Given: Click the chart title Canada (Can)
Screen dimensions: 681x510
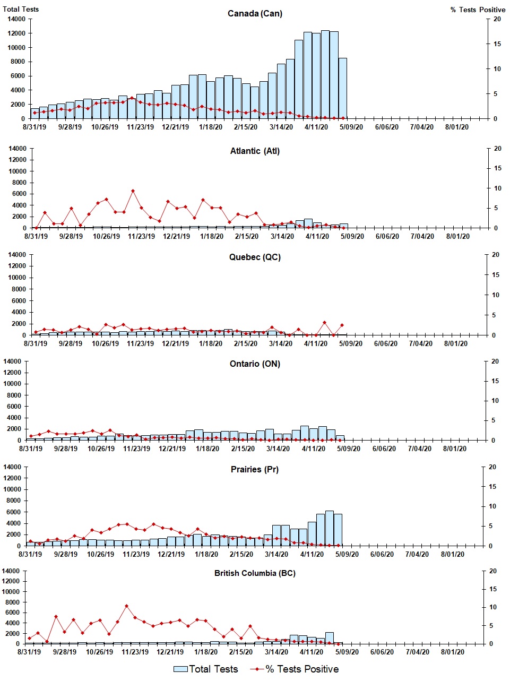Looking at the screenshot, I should pos(255,13).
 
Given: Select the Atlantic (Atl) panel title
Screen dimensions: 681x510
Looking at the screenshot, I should pos(255,151).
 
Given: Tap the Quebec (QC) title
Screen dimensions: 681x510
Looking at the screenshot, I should pos(255,257).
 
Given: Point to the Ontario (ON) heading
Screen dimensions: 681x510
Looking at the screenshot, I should pos(255,364).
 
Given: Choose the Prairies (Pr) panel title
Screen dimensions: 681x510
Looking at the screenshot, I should pos(255,469).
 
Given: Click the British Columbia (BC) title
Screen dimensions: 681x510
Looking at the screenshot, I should pos(255,573).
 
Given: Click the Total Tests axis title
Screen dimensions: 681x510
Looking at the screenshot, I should pos(21,9).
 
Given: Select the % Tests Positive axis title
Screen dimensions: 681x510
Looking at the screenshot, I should pos(478,10).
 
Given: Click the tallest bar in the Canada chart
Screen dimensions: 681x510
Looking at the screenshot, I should pos(325,74).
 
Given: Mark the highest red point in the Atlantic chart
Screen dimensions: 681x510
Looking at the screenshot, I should pos(133,191).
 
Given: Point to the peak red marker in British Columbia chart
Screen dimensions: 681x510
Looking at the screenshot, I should pos(126,606).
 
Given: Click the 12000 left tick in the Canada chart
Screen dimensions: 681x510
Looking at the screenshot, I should pos(16,33).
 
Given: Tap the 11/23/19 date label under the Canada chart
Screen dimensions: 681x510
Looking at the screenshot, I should pos(140,127).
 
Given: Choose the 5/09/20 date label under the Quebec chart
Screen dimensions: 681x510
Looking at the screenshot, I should pos(351,343).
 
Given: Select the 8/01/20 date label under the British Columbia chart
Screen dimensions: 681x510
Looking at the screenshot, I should pos(453,652).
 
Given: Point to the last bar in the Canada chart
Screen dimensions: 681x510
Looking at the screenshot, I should pos(343,88).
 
